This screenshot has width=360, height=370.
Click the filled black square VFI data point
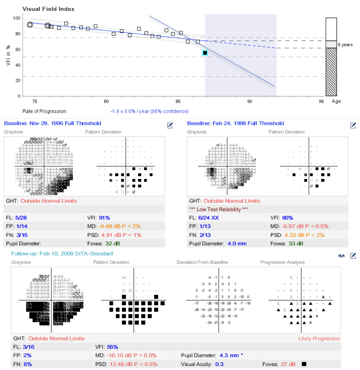205,53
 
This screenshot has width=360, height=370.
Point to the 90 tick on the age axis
250,102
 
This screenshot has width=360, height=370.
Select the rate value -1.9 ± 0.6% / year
149,112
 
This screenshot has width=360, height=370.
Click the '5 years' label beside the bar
345,45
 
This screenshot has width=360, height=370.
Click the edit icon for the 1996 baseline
170,125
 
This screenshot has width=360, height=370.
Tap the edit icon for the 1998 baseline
353,125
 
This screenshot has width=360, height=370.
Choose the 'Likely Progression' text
319,339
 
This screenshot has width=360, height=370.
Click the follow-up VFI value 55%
112,347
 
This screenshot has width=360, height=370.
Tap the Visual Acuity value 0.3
219,364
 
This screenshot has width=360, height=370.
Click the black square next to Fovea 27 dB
304,364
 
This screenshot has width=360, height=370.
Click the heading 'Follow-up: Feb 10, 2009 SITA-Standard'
62,253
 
